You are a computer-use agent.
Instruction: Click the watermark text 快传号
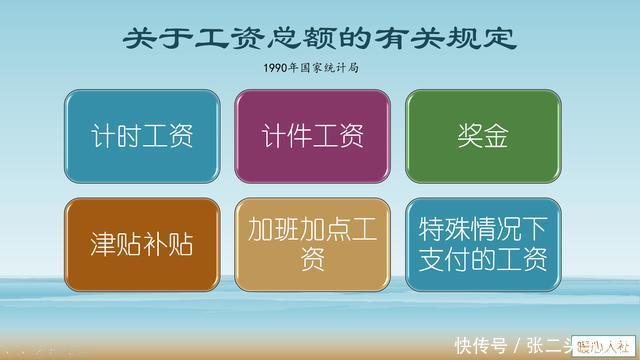(477, 345)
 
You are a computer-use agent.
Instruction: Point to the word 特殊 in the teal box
(436, 228)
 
